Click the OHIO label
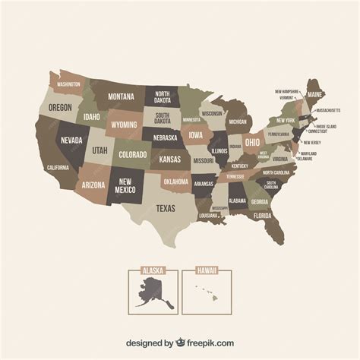tap(252, 142)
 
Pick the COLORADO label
tap(132, 154)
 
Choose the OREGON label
tap(60, 108)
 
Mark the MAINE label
tap(314, 94)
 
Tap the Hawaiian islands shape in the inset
tap(204, 292)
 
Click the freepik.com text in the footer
tap(201, 343)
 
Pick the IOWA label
tap(195, 137)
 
